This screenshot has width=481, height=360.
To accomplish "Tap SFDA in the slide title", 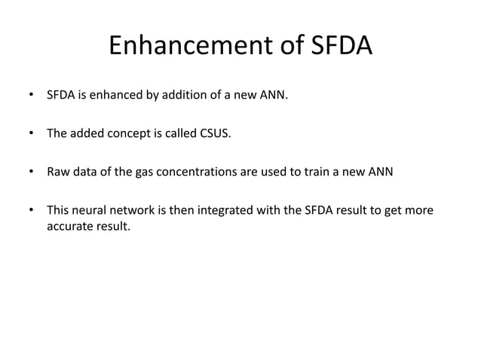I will click(340, 47).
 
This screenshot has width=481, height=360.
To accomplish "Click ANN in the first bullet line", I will click(273, 96).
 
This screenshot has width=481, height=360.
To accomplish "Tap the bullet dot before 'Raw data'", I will click(32, 172).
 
